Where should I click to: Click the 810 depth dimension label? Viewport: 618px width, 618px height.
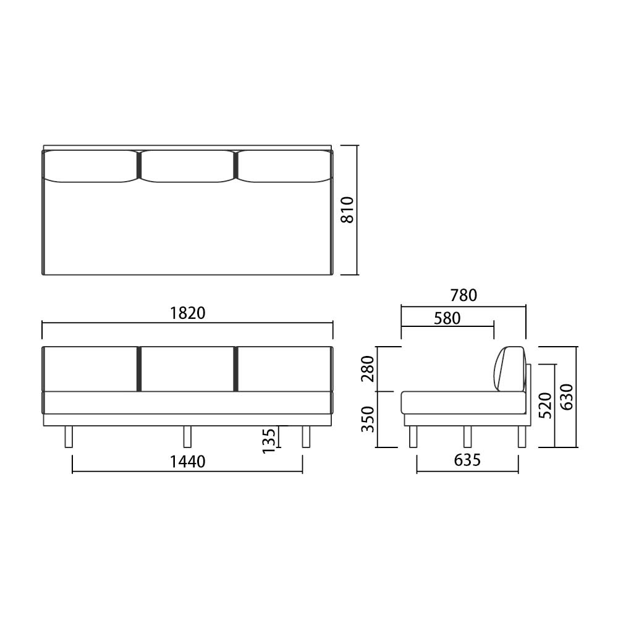point(347,210)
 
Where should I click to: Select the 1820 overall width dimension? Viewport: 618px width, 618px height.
point(188,313)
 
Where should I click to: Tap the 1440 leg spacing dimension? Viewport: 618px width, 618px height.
point(188,462)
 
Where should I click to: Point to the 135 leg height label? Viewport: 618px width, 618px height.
point(269,441)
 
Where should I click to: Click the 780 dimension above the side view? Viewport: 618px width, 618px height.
point(463,295)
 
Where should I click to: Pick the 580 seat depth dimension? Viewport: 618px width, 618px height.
point(447,318)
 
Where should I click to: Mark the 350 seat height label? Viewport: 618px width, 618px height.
point(368,419)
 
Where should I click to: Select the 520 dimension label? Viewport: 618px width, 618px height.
point(545,405)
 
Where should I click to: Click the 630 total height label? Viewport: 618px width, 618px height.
point(567,397)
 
